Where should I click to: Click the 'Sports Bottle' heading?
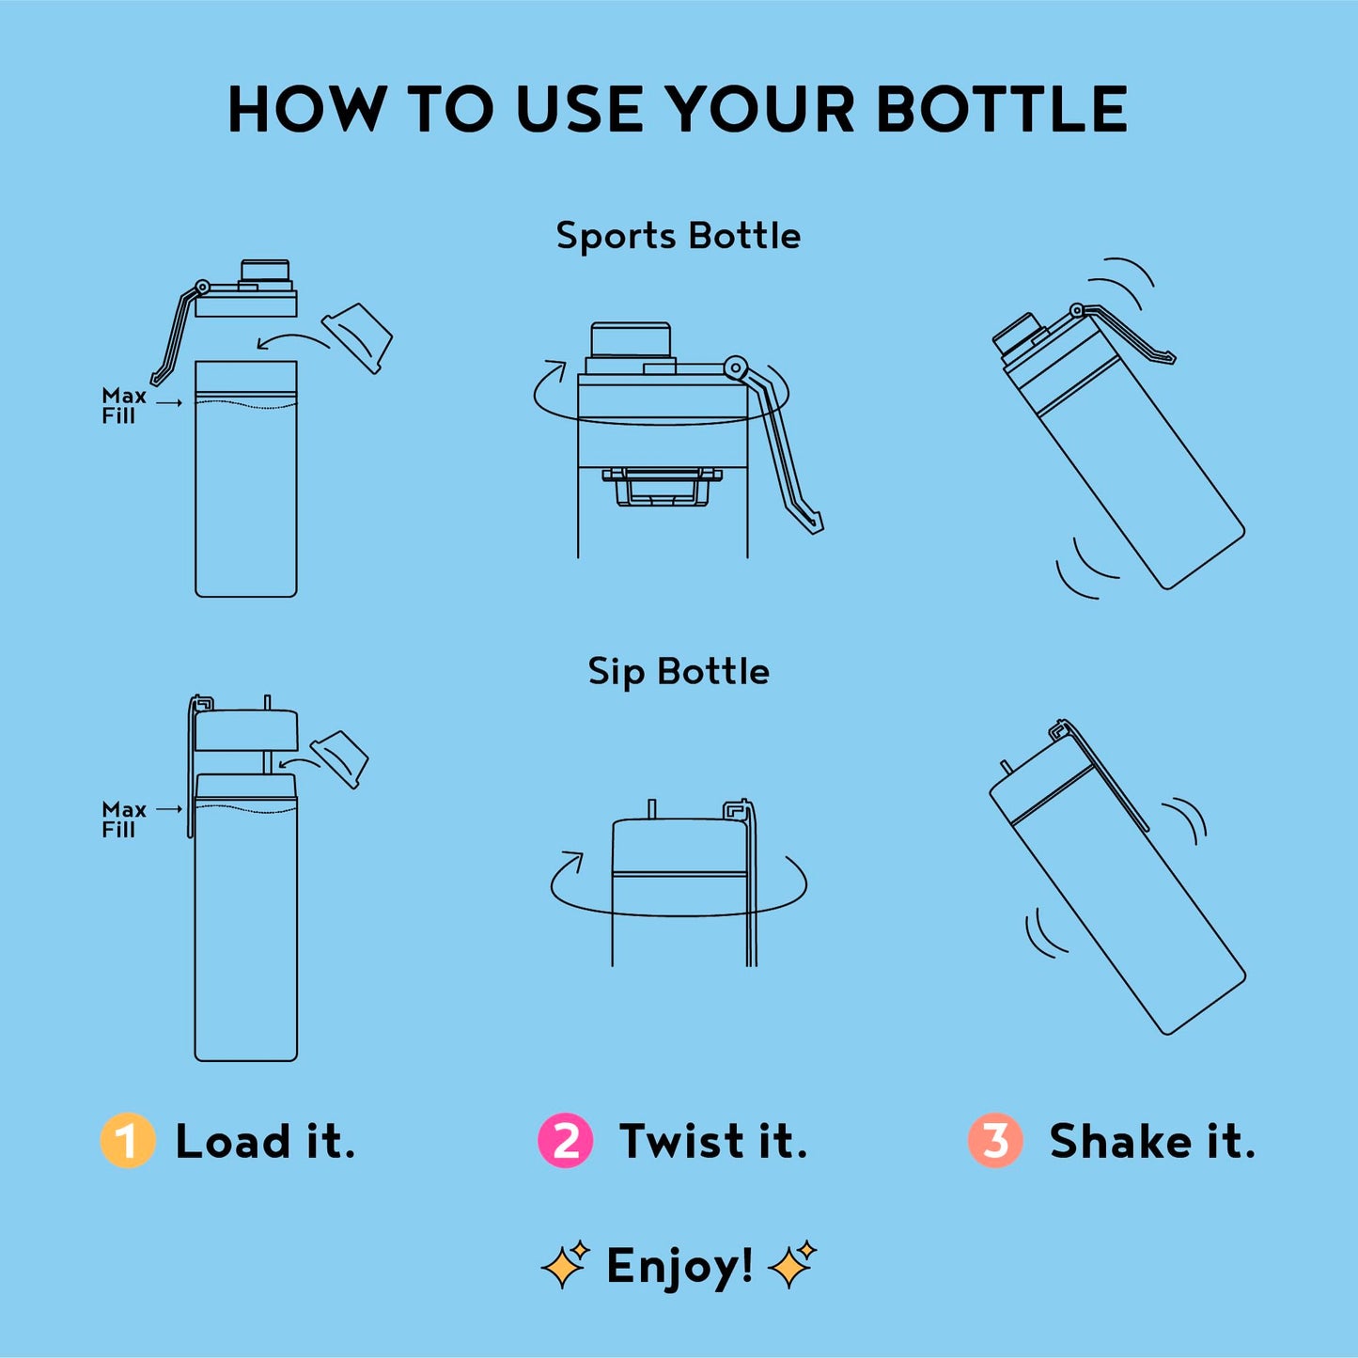click(678, 236)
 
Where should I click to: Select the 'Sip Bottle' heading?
click(678, 672)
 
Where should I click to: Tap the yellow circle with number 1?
click(128, 1140)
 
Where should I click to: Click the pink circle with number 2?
click(565, 1140)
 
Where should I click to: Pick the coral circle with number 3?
click(995, 1140)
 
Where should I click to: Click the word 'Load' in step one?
click(232, 1141)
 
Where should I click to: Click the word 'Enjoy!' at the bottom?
click(679, 1267)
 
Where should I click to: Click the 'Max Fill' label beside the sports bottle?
click(124, 406)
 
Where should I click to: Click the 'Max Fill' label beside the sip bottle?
click(124, 819)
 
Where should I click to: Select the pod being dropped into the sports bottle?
click(356, 338)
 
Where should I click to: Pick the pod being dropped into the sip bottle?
click(339, 759)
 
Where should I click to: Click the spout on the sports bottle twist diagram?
click(630, 340)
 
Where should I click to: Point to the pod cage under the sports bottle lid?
click(663, 486)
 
